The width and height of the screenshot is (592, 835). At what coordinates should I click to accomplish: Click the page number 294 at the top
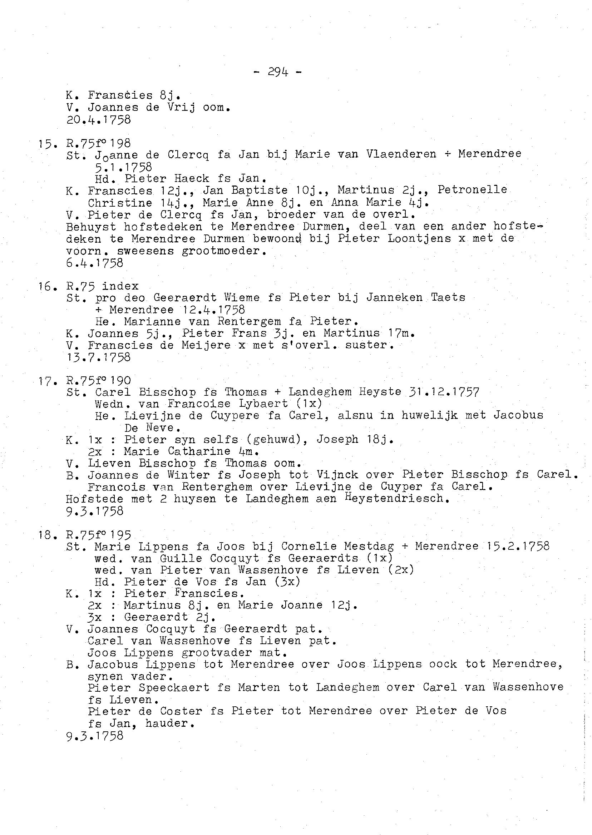pos(278,72)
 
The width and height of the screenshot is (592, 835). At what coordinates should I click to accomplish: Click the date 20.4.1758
pos(98,119)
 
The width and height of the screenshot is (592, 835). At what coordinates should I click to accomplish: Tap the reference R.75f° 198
pos(98,143)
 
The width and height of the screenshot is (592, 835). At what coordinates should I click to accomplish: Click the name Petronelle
pos(472,190)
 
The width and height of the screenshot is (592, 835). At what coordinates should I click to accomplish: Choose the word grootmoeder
pos(224,251)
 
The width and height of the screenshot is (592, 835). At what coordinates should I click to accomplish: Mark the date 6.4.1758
pos(95,263)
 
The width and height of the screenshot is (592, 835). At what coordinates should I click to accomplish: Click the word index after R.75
pos(120,286)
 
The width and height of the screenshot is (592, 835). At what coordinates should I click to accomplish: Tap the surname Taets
pos(448,297)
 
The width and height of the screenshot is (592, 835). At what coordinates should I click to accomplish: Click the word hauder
pos(169,723)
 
